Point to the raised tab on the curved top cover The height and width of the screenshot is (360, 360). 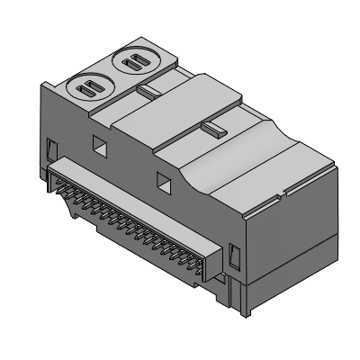(x=211, y=130)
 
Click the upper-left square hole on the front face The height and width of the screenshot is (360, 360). (x=100, y=142)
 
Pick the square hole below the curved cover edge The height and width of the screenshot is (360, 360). (x=164, y=182)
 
